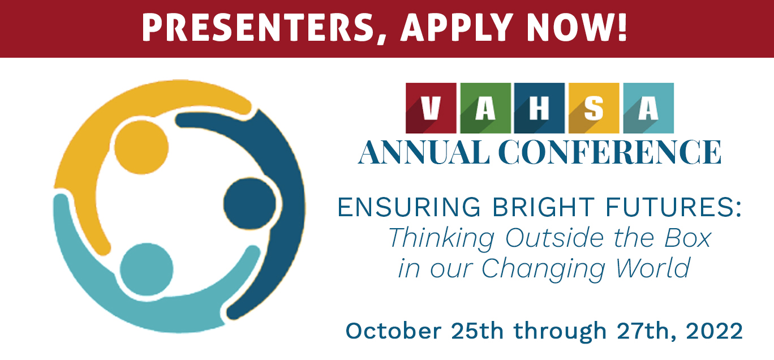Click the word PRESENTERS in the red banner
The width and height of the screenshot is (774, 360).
coord(257,28)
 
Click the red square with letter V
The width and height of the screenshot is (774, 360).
coord(431,108)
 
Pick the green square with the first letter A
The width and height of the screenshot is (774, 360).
coord(485,108)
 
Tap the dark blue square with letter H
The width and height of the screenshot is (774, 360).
coord(539,108)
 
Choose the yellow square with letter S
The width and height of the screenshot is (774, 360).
coord(594,108)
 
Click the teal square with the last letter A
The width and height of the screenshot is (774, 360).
coord(648,108)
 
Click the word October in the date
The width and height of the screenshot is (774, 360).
coord(394,331)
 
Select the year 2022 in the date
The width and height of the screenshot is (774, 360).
coord(714,331)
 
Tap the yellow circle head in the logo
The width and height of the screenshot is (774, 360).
coord(141,147)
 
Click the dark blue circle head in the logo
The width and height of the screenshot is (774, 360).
coord(250,204)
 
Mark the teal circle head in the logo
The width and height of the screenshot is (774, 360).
coord(147,269)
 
